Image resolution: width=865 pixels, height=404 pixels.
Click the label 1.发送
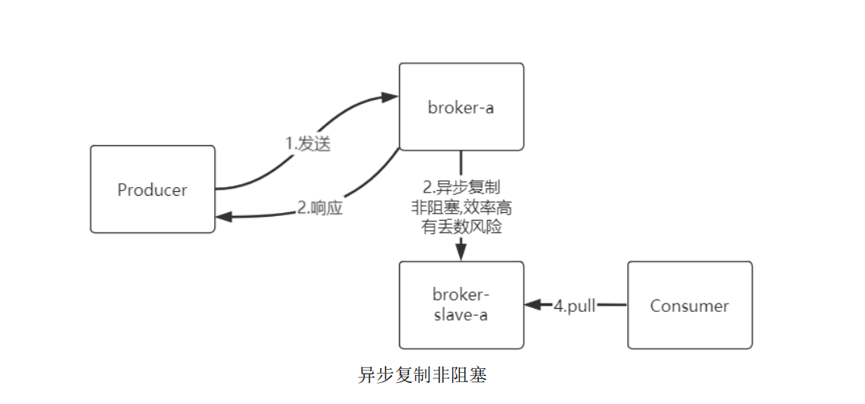[308, 144]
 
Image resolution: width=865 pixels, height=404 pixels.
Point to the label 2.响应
[320, 209]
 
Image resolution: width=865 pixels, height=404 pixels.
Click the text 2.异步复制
[461, 187]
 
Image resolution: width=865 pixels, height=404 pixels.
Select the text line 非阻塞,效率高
[461, 207]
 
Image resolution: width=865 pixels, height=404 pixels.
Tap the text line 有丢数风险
[461, 227]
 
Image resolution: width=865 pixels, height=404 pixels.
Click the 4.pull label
[574, 305]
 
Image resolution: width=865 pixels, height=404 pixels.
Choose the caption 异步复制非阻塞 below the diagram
[422, 375]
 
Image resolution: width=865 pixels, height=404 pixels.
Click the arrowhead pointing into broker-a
[390, 97]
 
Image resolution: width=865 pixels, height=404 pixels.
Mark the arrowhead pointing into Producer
[223, 217]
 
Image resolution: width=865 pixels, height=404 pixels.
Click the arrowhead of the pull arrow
[532, 305]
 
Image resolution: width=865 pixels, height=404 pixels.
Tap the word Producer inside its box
[152, 190]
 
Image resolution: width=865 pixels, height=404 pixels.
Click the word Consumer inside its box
[690, 305]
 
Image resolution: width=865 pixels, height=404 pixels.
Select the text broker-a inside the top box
[461, 108]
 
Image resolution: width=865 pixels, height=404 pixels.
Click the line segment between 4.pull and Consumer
[612, 305]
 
